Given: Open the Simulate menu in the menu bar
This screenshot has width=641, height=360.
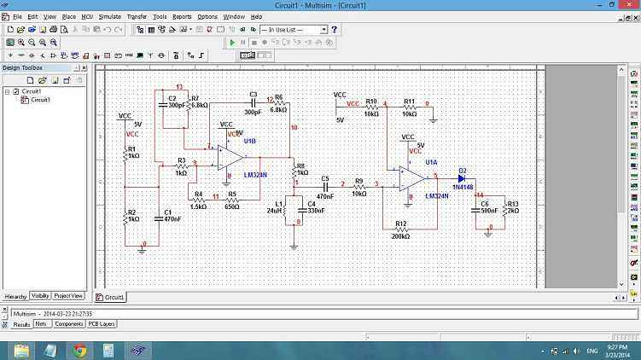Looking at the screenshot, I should pos(109,16).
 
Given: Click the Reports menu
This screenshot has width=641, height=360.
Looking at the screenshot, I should pos(182,16).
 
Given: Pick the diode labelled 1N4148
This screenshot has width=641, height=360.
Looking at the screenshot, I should pos(462,178).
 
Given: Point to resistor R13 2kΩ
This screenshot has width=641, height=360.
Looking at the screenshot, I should pos(504,210).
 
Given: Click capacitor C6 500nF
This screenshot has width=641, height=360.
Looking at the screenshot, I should pos(478,210).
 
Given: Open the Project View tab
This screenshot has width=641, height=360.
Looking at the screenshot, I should pos(68,296).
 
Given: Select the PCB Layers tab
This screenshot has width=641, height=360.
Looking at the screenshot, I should pos(102,324).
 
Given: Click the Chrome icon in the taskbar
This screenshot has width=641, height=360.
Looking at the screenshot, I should pos(79,350).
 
